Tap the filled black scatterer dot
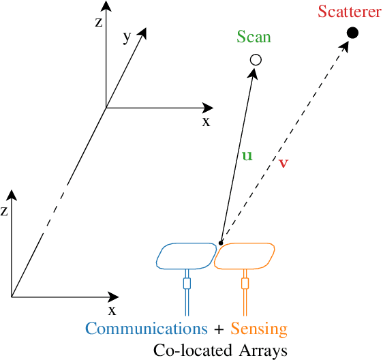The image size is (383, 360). click(352, 32)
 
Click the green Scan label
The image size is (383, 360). click(254, 37)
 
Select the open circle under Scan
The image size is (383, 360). click(256, 60)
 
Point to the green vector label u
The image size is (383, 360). click(247, 155)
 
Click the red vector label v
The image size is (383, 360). click(284, 163)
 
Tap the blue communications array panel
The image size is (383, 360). click(185, 256)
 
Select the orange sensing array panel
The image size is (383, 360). click(245, 256)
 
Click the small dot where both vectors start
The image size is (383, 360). click(221, 241)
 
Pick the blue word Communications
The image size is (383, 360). click(147, 329)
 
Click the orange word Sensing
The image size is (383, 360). click(259, 329)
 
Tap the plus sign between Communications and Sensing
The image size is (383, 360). click(219, 329)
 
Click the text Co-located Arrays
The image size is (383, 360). click(220, 350)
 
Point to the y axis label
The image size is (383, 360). click(127, 37)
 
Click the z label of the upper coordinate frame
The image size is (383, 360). click(99, 21)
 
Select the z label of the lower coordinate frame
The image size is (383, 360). click(5, 211)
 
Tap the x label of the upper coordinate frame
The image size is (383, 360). click(206, 121)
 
